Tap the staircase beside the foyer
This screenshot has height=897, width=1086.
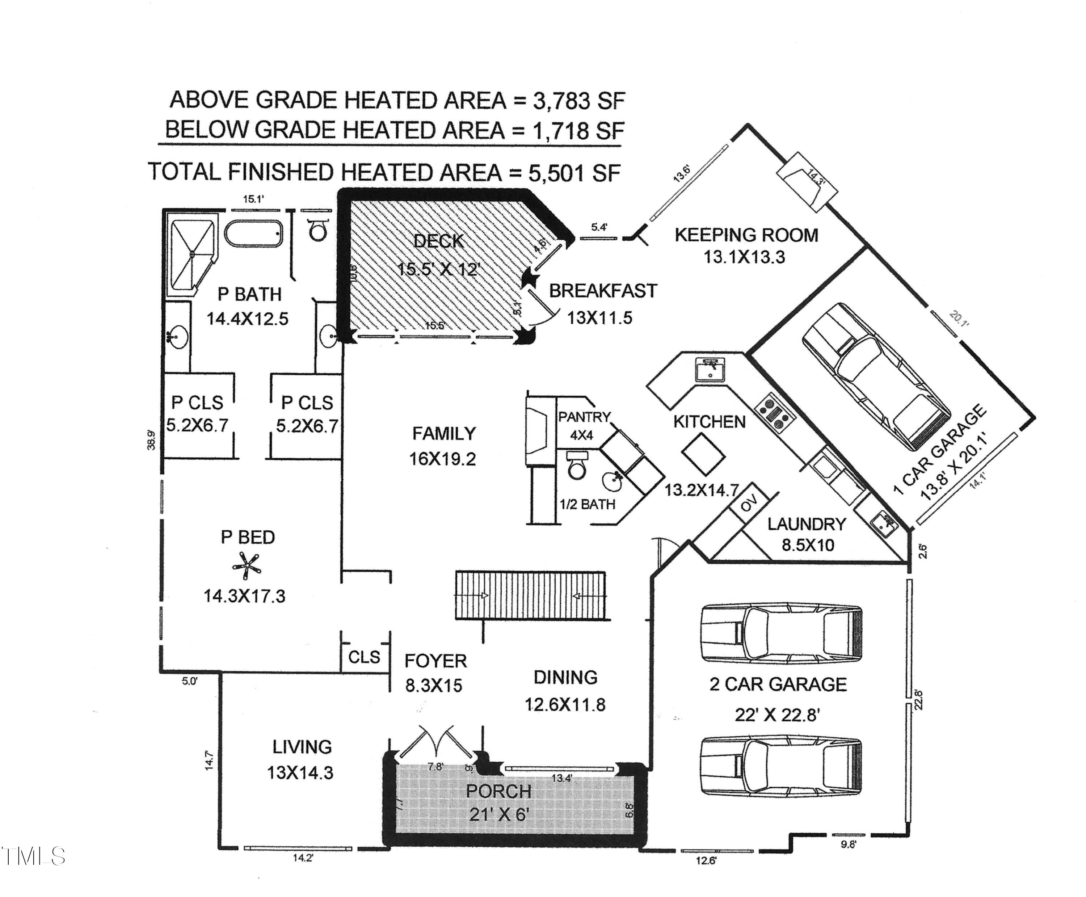coord(530,595)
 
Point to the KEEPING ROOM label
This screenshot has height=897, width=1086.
coord(746,235)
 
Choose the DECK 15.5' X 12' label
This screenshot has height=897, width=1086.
coord(439,255)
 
